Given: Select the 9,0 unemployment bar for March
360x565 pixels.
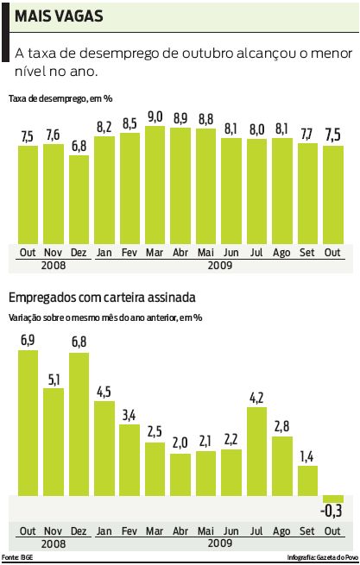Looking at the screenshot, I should click(155, 185).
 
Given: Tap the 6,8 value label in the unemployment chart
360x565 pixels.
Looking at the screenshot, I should click(79, 145).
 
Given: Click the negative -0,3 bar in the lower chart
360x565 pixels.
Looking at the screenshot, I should click(332, 499).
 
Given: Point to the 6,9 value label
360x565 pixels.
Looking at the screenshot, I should click(28, 340).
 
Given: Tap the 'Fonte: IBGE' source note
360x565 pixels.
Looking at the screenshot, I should click(18, 558).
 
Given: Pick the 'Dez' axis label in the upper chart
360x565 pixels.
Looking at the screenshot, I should click(79, 252).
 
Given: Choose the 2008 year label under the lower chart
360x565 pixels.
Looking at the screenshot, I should click(54, 544).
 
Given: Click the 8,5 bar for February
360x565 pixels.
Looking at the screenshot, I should click(129, 188).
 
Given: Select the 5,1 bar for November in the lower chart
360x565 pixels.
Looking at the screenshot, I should click(54, 442).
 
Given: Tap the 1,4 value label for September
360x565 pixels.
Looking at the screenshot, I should click(307, 456).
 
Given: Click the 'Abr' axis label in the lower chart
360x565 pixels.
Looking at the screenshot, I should click(180, 530).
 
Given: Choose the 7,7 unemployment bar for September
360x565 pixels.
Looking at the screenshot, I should click(307, 194).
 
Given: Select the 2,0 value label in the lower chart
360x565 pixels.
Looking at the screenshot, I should click(180, 443).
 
